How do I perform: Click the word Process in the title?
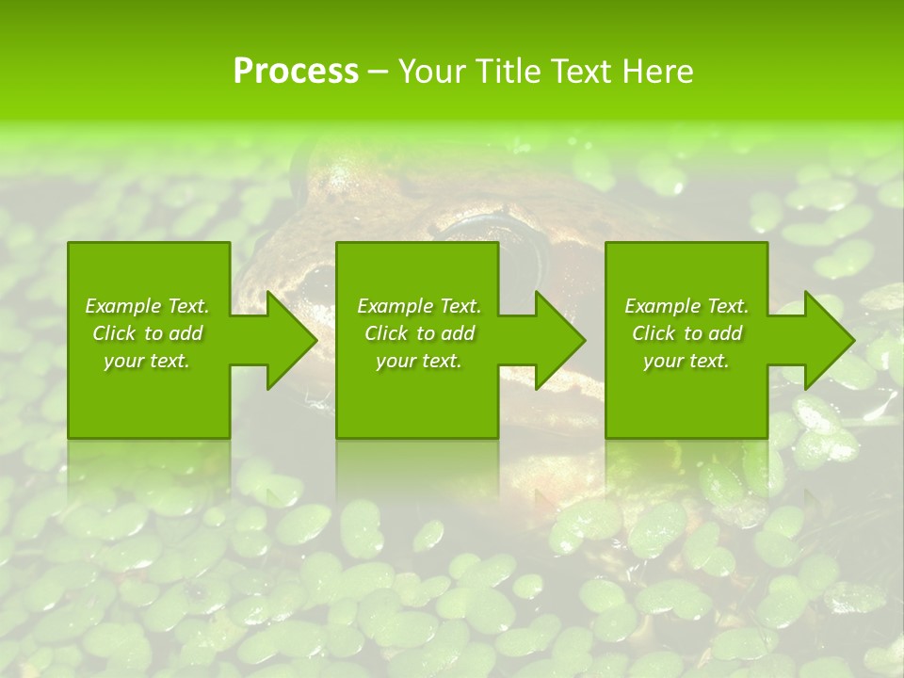[x=296, y=71]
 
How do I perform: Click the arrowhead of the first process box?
[x=288, y=340]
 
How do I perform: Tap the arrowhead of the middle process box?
[x=557, y=340]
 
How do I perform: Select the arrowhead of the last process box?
[x=827, y=340]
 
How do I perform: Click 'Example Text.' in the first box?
[x=147, y=306]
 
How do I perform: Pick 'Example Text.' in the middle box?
[x=419, y=306]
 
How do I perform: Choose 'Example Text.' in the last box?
[x=686, y=306]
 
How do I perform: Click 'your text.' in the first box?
[x=147, y=361]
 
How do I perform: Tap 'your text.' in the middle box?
[x=419, y=361]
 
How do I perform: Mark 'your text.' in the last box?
[x=686, y=361]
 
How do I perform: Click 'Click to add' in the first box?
[x=147, y=333]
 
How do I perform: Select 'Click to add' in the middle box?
[x=419, y=333]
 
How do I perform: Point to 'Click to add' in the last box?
[x=686, y=333]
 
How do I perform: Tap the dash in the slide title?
[x=378, y=72]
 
